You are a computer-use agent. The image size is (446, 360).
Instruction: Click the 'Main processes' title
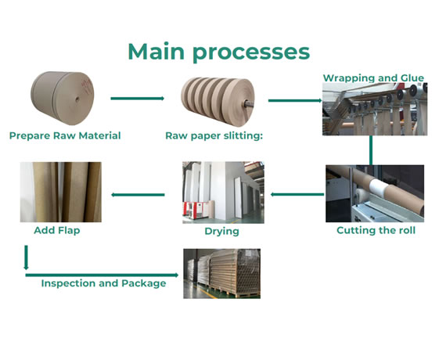[x=218, y=52]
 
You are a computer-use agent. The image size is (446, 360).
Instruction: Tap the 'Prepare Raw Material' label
[x=65, y=135]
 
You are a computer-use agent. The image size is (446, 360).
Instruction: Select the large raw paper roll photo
[x=62, y=99]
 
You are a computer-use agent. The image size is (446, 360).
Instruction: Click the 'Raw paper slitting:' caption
[x=214, y=135]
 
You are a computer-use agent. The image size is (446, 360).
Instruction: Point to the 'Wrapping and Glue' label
[x=374, y=77]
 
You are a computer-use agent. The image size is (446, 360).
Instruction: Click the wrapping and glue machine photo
[x=374, y=109]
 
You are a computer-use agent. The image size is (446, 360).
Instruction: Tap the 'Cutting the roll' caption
[x=376, y=230]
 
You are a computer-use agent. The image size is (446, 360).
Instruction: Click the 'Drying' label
[x=222, y=231]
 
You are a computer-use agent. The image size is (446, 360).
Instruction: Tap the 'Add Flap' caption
[x=56, y=231]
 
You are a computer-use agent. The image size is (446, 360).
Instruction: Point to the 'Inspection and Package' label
[x=103, y=283]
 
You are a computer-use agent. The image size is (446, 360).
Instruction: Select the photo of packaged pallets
[x=221, y=273]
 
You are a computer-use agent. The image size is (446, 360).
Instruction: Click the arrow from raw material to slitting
[x=137, y=99]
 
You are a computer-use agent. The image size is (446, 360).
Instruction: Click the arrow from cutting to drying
[x=297, y=194]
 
